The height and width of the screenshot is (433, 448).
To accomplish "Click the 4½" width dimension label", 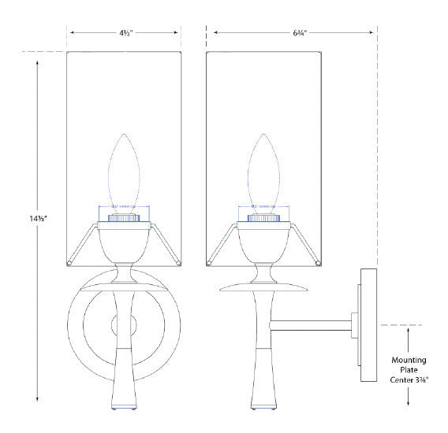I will (125, 34).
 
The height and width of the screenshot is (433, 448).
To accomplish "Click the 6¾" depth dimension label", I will (292, 34).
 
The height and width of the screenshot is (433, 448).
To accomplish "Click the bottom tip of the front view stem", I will (124, 406).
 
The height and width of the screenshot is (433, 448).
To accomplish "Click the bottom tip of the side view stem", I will (263, 406).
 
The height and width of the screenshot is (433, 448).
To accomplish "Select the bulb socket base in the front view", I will (124, 213).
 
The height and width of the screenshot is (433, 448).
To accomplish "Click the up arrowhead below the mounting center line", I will (408, 332).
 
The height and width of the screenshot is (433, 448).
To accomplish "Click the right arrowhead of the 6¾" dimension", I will (373, 34).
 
